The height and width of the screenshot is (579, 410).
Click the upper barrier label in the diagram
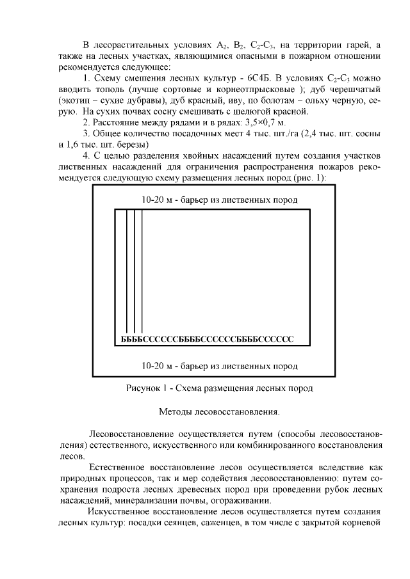click(220, 200)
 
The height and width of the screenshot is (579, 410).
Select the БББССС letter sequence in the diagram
click(207, 338)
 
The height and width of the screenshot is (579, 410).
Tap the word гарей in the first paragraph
click(355, 44)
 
